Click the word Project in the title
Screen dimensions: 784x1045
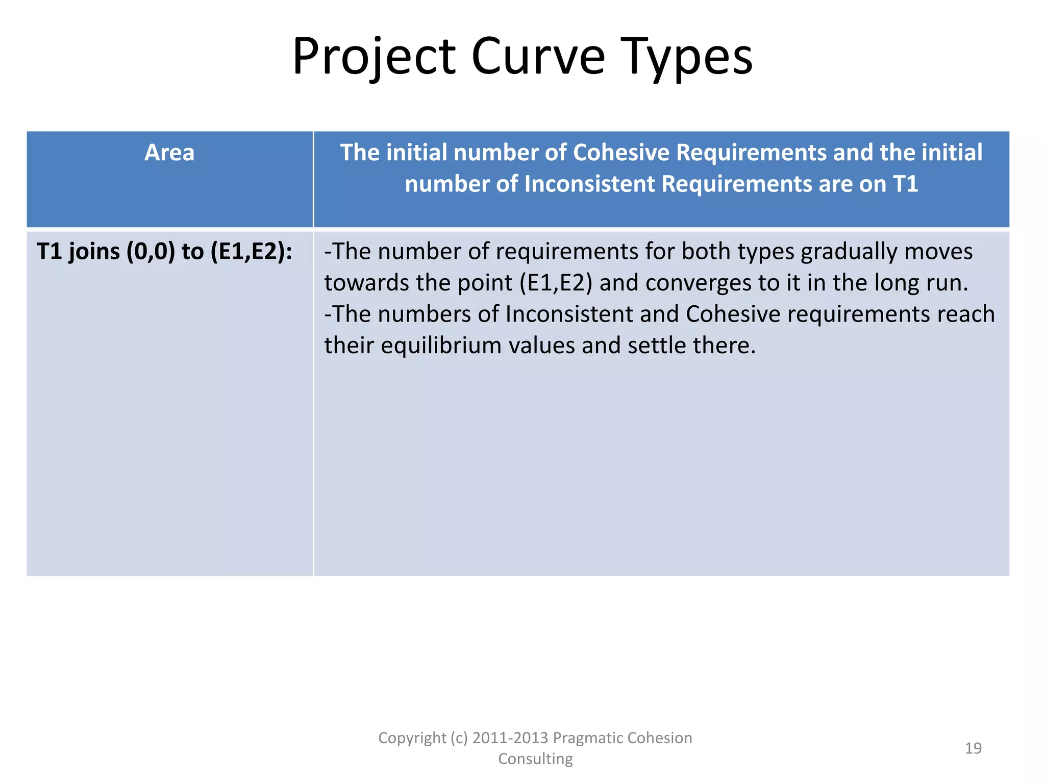pyautogui.click(x=374, y=57)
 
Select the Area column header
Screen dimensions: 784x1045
pyautogui.click(x=169, y=153)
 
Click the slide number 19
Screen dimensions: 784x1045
pyautogui.click(x=973, y=748)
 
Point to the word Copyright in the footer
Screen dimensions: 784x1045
pyautogui.click(x=412, y=738)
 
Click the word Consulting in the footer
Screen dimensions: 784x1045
pyautogui.click(x=535, y=759)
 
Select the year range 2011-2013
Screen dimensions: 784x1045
pyautogui.click(x=510, y=738)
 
